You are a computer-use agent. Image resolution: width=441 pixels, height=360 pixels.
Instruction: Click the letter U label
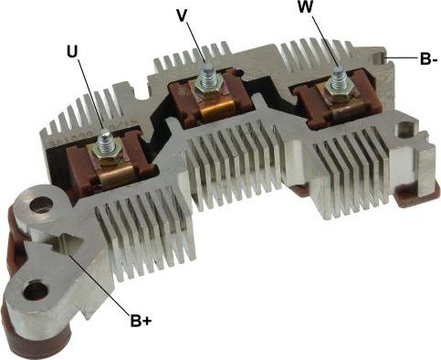[72, 52]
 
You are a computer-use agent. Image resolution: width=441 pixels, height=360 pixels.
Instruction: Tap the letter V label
[182, 16]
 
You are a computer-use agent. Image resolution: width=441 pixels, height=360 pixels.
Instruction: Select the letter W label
[305, 7]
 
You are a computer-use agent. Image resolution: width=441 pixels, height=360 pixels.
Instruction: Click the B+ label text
[141, 321]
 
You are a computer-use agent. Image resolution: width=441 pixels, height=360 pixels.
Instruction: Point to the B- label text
[428, 59]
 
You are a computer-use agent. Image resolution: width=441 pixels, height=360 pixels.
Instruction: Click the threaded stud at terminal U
[105, 140]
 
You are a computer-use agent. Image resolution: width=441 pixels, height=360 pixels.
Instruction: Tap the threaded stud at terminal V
[208, 74]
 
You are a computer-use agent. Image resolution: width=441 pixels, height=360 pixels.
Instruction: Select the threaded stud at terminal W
[337, 78]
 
